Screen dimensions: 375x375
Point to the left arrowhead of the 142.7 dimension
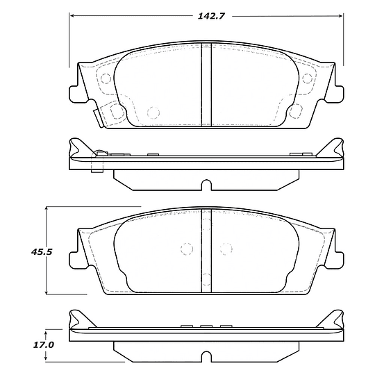point(72,15)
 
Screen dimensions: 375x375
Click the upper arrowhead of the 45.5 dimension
point(47,209)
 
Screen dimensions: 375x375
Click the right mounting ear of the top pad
point(337,90)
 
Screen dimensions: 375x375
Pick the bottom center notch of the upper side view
point(206,185)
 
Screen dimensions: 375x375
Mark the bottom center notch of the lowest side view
point(206,357)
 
